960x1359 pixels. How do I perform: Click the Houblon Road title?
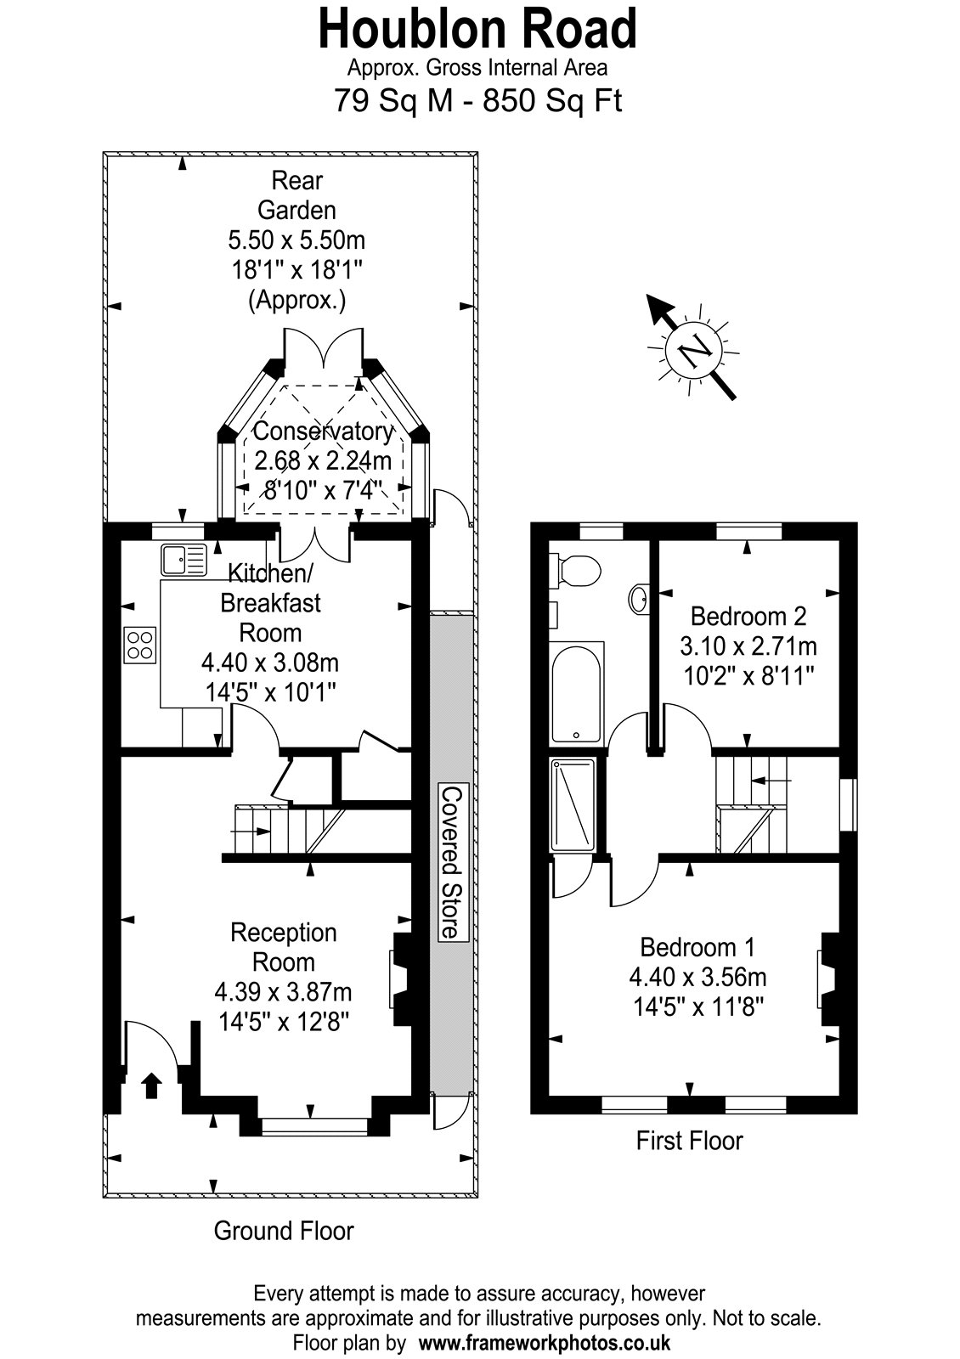point(477,29)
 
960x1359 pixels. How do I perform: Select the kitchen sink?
point(184,560)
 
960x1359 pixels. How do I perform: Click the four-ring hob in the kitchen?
point(140,645)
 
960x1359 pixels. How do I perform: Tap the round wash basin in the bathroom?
point(639,599)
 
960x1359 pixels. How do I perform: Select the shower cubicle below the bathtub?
point(573,804)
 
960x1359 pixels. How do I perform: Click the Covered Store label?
point(452,862)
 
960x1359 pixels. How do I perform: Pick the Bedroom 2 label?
point(748,617)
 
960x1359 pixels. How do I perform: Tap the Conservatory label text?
point(324,431)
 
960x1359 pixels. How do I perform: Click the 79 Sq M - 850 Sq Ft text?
point(478,100)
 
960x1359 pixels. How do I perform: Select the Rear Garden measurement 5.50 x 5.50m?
point(296,240)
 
